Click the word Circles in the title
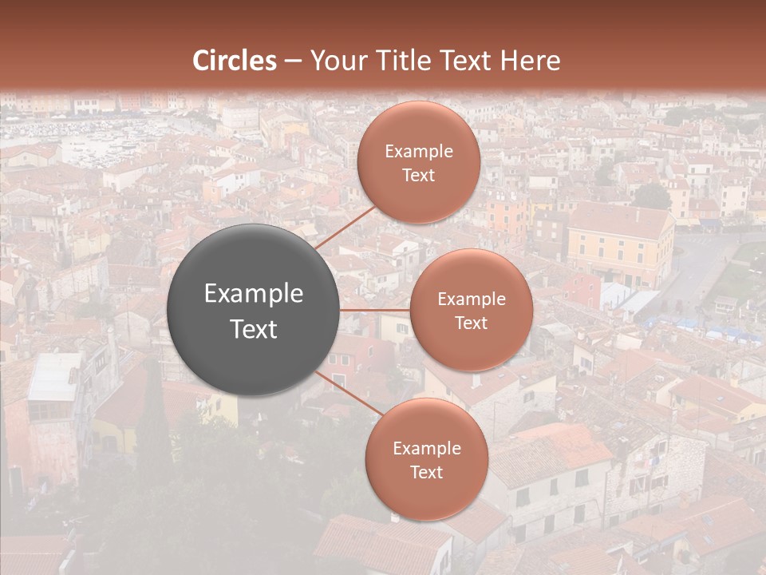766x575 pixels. click(x=235, y=61)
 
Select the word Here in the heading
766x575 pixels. click(x=531, y=61)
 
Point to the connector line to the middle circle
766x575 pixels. click(x=375, y=309)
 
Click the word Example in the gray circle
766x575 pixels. click(x=254, y=294)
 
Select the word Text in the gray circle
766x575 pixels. click(x=254, y=329)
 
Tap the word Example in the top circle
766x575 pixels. click(x=419, y=151)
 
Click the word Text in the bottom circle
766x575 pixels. click(x=427, y=472)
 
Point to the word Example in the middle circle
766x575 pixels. click(x=472, y=299)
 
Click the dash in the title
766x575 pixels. click(x=293, y=61)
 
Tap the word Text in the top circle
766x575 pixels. click(x=419, y=175)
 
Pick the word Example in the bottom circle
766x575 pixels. click(x=427, y=448)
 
